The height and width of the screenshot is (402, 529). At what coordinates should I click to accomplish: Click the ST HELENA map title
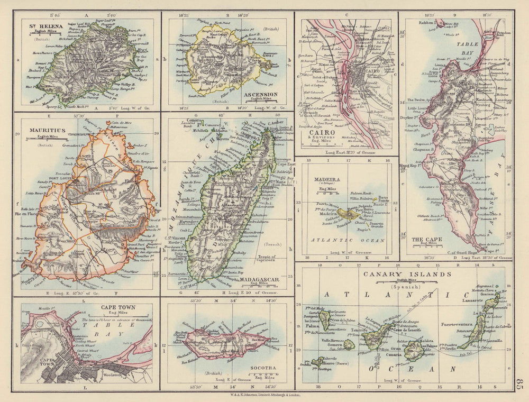click(47, 25)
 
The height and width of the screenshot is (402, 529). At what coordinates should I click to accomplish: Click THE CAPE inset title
click(427, 239)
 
